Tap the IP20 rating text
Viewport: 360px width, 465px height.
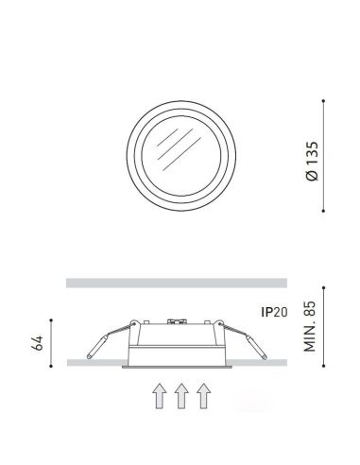[274, 310]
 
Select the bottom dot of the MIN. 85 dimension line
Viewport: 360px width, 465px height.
[325, 364]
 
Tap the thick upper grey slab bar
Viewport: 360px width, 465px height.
[176, 282]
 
